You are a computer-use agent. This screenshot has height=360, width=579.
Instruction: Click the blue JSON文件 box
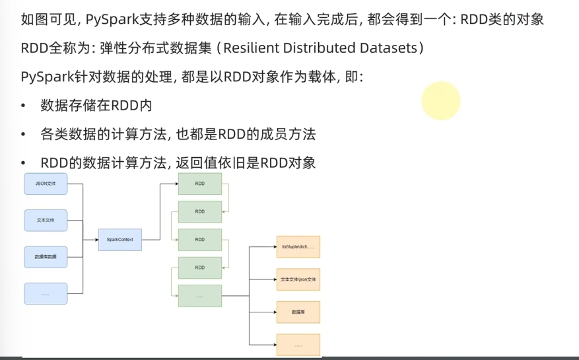coord(46,183)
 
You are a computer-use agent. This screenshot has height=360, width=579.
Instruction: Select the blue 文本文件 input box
coord(46,220)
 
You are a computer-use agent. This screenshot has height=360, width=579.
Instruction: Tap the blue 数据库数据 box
coord(46,256)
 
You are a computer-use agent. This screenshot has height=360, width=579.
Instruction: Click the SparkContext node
coord(120,239)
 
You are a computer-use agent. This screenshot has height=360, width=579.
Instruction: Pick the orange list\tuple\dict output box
coord(298,246)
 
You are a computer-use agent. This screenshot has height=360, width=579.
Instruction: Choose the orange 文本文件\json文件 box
coord(298,279)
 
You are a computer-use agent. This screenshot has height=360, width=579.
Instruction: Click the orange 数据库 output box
coord(298,312)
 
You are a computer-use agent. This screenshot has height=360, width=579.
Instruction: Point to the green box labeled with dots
coord(199,296)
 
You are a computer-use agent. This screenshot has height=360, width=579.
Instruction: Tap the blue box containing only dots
coord(46,293)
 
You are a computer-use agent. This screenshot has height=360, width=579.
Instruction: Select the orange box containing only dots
coord(298,345)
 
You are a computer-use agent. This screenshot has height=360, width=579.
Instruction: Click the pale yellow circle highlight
coord(440,101)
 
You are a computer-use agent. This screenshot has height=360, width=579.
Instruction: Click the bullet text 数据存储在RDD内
coord(96,106)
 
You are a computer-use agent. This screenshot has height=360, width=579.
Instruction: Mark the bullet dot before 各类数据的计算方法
coord(24,135)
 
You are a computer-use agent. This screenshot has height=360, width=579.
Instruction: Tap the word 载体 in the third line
coord(310,77)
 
